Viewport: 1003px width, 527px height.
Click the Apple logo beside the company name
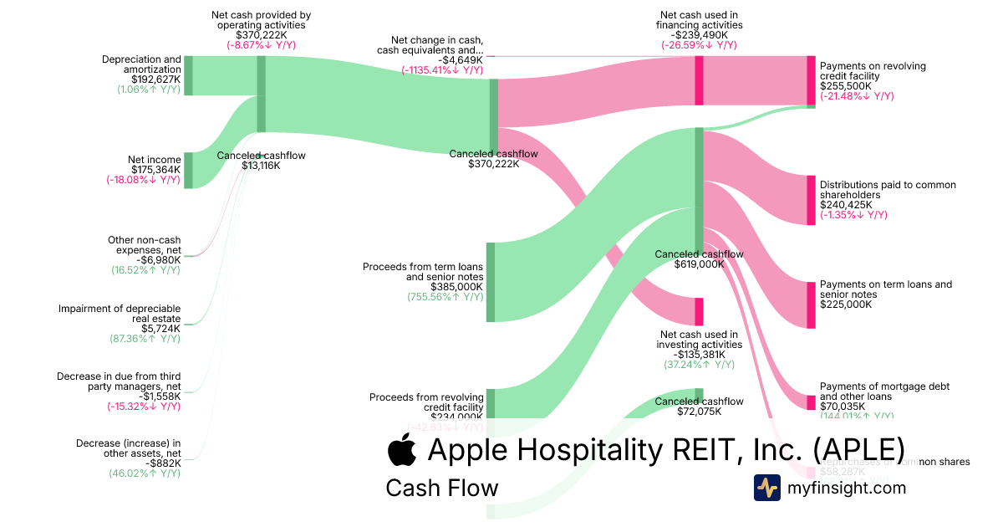click(x=402, y=449)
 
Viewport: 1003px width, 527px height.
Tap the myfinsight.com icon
click(x=766, y=488)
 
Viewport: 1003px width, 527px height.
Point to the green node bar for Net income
click(x=188, y=170)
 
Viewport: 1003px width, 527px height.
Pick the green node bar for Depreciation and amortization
click(x=188, y=75)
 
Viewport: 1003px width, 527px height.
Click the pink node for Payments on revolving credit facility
click(x=810, y=80)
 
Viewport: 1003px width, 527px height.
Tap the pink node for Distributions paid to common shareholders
click(x=810, y=200)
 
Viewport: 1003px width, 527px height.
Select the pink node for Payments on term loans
click(x=810, y=304)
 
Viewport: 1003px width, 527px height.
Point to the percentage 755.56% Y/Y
click(x=445, y=297)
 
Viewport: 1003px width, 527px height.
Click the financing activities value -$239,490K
click(x=699, y=35)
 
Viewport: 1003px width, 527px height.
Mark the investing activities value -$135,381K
click(x=699, y=354)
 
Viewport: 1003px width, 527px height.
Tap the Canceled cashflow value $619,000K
click(x=699, y=264)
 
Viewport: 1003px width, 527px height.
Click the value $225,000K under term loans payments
click(x=846, y=304)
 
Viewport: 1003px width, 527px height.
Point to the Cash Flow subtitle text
click(x=441, y=488)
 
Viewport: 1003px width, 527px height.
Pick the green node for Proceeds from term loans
click(x=491, y=282)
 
